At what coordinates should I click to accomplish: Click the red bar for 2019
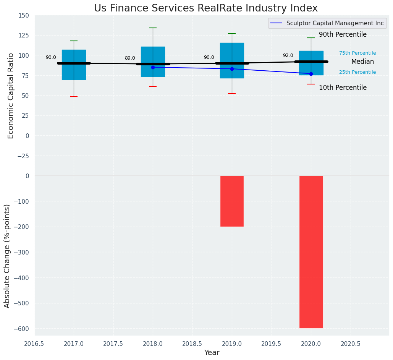pyautogui.click(x=232, y=201)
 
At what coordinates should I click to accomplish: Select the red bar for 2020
pyautogui.click(x=311, y=252)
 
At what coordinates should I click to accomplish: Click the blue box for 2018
pyautogui.click(x=153, y=54)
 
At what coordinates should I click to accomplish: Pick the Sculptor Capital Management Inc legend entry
pyautogui.click(x=326, y=23)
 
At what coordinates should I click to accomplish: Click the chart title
pyautogui.click(x=205, y=8)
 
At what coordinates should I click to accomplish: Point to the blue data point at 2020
pyautogui.click(x=311, y=74)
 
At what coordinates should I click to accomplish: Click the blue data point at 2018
pyautogui.click(x=153, y=67)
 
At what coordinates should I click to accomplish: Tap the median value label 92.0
pyautogui.click(x=288, y=55)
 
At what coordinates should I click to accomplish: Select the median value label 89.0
pyautogui.click(x=130, y=58)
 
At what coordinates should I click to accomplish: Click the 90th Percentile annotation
pyautogui.click(x=343, y=35)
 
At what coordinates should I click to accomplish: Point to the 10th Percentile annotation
pyautogui.click(x=343, y=88)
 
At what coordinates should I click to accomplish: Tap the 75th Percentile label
pyautogui.click(x=357, y=53)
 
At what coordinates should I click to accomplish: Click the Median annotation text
pyautogui.click(x=362, y=62)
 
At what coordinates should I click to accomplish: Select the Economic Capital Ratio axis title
pyautogui.click(x=11, y=96)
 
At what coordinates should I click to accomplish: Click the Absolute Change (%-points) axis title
pyautogui.click(x=7, y=256)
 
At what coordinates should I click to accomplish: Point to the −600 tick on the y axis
pyautogui.click(x=21, y=329)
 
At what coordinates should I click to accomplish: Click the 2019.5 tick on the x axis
pyautogui.click(x=272, y=344)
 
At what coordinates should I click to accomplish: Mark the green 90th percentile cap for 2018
pyautogui.click(x=153, y=28)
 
